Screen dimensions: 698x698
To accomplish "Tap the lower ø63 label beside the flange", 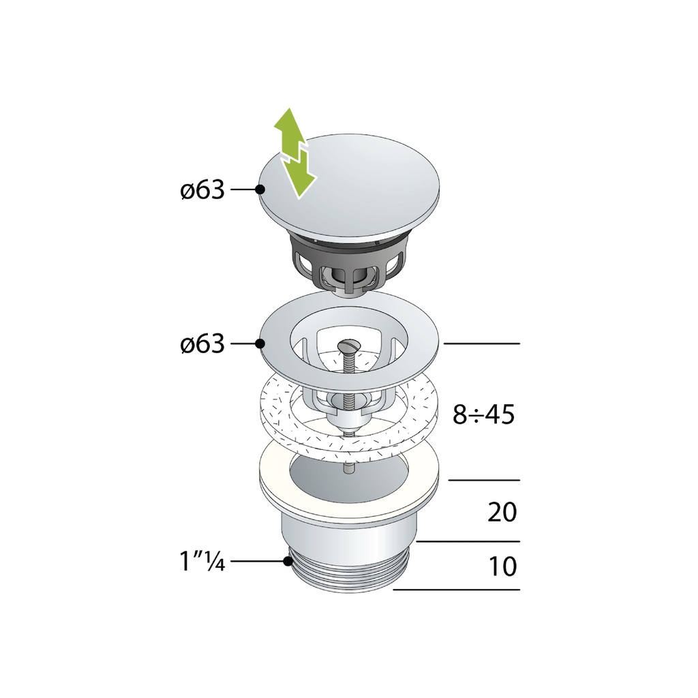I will [202, 344].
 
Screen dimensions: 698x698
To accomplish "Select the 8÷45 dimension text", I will [483, 414].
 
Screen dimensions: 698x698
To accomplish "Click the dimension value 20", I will [502, 512].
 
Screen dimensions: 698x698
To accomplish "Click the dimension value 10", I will [502, 566].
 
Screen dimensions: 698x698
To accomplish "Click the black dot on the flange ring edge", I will [260, 344].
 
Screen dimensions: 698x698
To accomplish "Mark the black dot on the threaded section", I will [288, 562].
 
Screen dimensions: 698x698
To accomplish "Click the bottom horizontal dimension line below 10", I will [457, 590].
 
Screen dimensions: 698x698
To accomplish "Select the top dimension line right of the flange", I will [481, 344].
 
